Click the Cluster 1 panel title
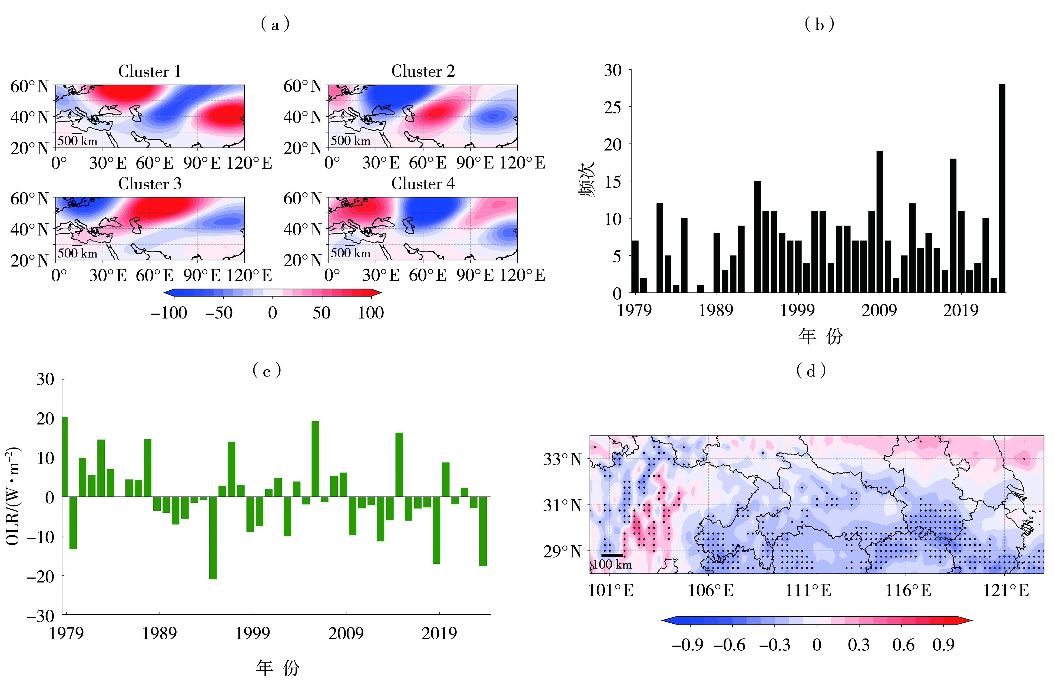(x=150, y=72)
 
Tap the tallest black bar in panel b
(x=1002, y=188)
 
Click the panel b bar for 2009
(x=880, y=221)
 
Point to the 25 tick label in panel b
(x=613, y=107)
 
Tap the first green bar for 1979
(x=65, y=457)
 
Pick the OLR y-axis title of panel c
(x=13, y=496)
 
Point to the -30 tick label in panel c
(x=41, y=616)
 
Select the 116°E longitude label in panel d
(x=908, y=590)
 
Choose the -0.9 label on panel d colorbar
(x=687, y=645)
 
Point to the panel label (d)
(x=811, y=370)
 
